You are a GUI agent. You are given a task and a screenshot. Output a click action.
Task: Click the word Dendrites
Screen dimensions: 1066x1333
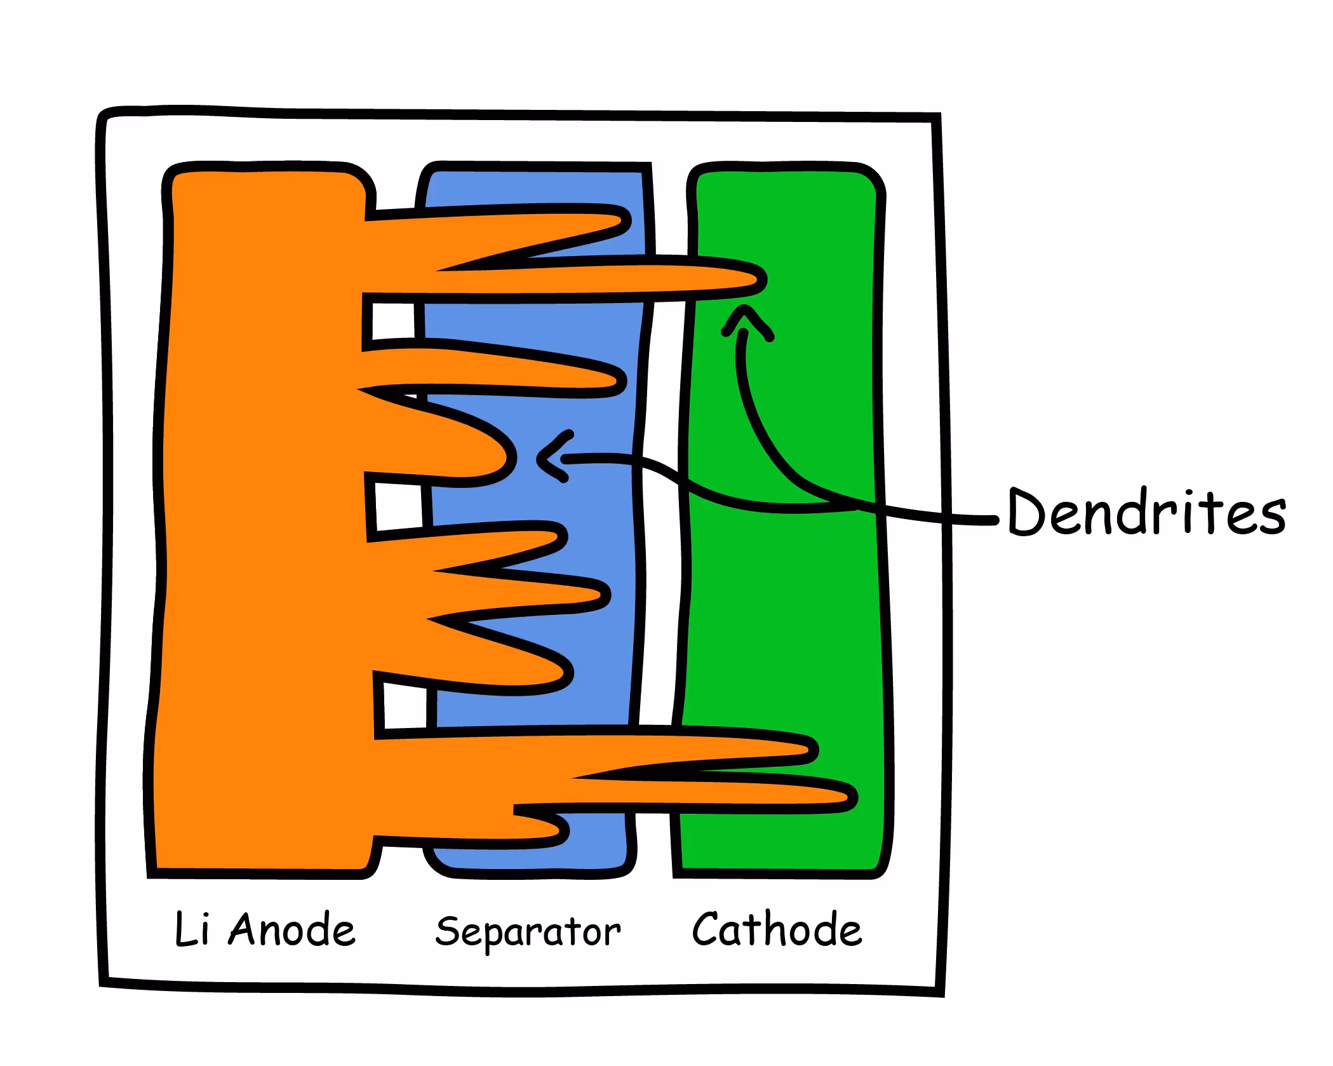[x=1146, y=512]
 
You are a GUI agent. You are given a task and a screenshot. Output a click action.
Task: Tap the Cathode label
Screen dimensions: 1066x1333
[x=776, y=929]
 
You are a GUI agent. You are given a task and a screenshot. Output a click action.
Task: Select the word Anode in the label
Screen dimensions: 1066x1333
[x=291, y=929]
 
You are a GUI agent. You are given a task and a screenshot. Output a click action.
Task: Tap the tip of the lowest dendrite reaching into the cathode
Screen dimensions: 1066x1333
[x=850, y=797]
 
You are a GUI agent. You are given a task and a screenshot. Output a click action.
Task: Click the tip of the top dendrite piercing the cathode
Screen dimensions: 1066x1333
[x=759, y=279]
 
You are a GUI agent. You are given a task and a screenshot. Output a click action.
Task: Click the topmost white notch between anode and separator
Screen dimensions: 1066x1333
[x=393, y=321]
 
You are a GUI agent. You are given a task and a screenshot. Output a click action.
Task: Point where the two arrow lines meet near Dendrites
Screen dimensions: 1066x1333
[x=857, y=506]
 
